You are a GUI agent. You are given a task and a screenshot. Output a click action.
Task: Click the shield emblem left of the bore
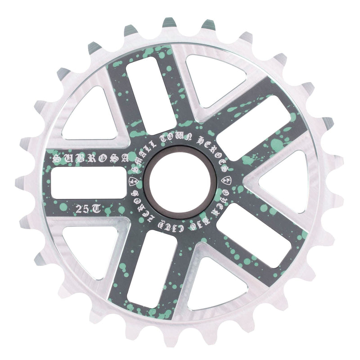[x=132, y=181]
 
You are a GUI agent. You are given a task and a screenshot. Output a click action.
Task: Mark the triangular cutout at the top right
[x=211, y=76]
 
